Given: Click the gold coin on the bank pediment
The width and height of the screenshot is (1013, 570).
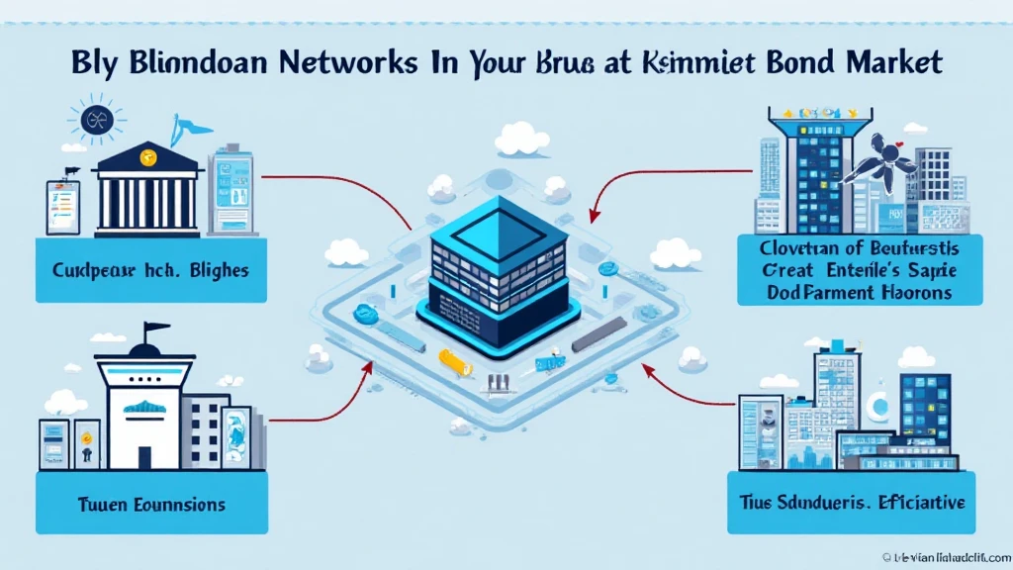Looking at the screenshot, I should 147,155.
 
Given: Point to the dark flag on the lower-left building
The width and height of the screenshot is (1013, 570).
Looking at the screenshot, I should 151,329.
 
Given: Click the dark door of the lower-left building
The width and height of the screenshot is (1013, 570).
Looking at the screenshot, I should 146,456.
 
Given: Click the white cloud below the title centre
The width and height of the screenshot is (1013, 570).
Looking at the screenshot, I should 521,140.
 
